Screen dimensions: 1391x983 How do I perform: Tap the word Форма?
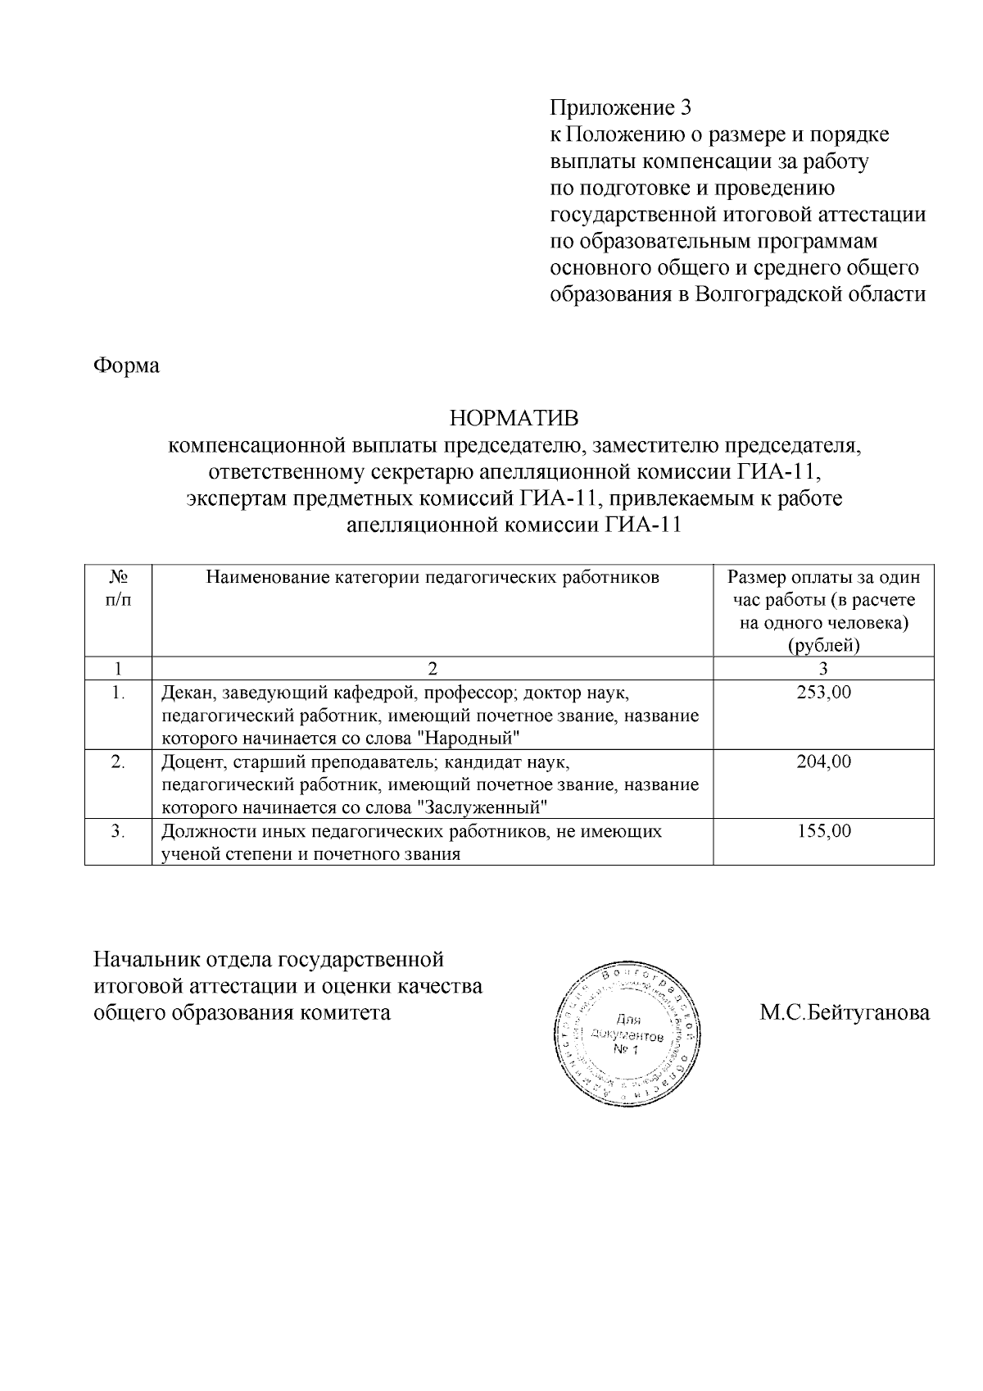coord(126,365)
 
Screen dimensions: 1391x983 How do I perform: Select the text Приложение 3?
coord(620,107)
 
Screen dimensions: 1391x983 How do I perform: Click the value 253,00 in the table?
coord(823,692)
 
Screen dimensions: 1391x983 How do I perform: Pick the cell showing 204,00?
coord(823,761)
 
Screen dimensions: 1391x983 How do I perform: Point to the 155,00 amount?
coord(823,831)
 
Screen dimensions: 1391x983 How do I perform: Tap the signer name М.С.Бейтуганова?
coord(845,1013)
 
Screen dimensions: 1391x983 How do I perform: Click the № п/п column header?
coord(118,589)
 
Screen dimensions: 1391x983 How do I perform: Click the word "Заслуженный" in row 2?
coord(482,807)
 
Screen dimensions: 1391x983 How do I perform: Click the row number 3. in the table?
coord(118,831)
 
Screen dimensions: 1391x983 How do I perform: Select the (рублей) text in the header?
coord(823,646)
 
